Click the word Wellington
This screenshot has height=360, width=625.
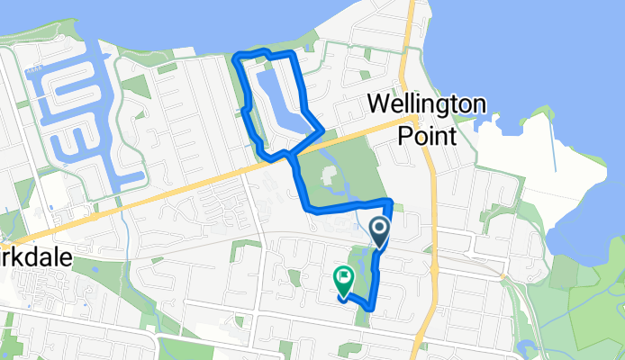[x=426, y=104]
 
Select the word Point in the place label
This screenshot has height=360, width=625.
[x=426, y=134]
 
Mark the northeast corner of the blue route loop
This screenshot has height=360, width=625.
[x=294, y=56]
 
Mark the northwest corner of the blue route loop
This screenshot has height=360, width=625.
[x=236, y=58]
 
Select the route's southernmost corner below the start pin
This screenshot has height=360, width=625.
[x=370, y=310]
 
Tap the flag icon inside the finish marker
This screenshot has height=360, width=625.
[x=343, y=275]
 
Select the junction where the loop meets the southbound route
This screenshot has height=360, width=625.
[x=290, y=155]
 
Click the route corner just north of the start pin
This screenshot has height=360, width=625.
[x=390, y=200]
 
